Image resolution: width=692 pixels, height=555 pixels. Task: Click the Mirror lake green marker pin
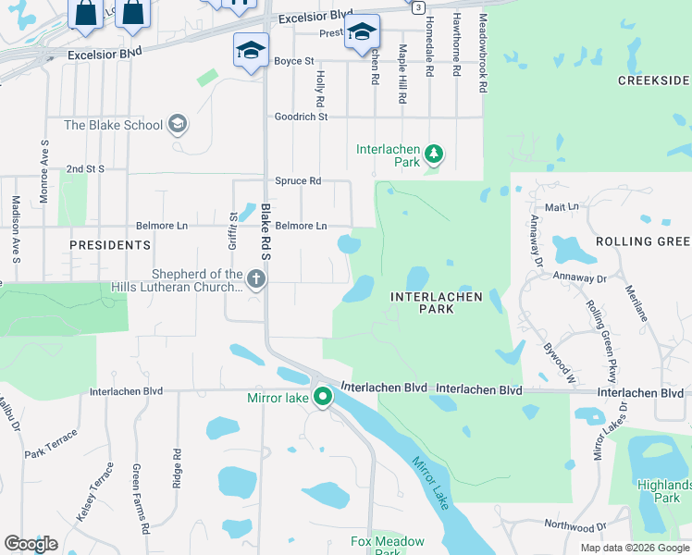point(323,398)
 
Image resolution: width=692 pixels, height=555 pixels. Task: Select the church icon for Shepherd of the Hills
point(256,278)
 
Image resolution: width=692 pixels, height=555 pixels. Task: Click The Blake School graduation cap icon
point(178,125)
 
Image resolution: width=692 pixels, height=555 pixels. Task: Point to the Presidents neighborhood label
point(110,245)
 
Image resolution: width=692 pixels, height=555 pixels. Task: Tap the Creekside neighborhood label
point(654,81)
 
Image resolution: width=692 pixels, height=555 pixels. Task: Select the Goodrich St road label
point(302,117)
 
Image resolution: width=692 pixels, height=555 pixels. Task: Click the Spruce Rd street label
point(298,180)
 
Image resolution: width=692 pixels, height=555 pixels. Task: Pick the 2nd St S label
point(85,169)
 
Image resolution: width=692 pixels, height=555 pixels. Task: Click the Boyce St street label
point(294,61)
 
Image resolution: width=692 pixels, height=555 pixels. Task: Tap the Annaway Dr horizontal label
point(580,277)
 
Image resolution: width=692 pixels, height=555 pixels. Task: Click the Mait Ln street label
point(562,207)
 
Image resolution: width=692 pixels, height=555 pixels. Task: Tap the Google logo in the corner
point(31,544)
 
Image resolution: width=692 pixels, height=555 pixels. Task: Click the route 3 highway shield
point(419,6)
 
